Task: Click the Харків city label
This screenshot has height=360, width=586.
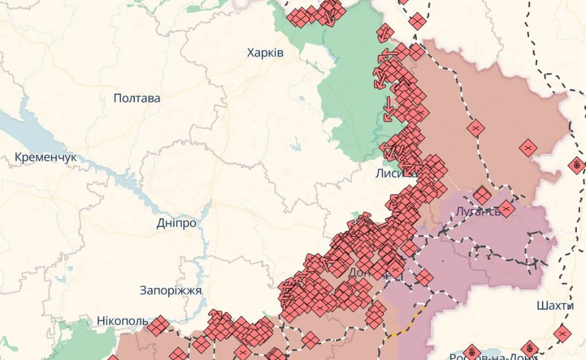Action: click(x=265, y=52)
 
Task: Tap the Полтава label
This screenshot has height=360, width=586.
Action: click(x=137, y=98)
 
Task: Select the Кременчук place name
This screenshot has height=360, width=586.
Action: click(x=46, y=157)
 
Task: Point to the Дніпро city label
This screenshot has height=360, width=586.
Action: click(x=176, y=223)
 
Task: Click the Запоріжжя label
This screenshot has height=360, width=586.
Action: click(x=170, y=290)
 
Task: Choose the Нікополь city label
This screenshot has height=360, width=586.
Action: click(x=122, y=320)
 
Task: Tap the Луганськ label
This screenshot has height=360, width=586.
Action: click(x=477, y=212)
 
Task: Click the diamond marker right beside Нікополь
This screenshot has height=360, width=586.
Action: click(x=158, y=326)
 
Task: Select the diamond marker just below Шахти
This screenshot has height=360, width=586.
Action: click(x=562, y=333)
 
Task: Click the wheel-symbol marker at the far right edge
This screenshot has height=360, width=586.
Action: click(x=576, y=165)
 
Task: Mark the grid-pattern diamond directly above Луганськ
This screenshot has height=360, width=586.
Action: click(x=482, y=195)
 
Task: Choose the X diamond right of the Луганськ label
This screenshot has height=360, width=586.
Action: click(x=506, y=209)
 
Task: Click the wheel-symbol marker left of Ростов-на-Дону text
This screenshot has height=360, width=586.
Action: click(x=472, y=352)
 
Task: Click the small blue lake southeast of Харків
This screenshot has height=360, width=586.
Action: click(x=296, y=146)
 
